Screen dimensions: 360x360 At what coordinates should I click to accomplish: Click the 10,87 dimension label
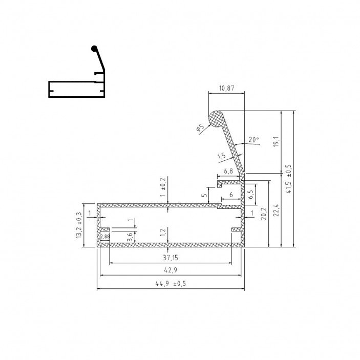pos(227,88)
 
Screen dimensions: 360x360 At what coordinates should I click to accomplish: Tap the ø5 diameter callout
pos(200,128)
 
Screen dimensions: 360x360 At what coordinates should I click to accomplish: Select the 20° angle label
pos(253,140)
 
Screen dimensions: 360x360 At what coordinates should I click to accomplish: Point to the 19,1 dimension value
pos(276,142)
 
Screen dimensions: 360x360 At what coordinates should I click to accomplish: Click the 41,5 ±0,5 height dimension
pos(289,179)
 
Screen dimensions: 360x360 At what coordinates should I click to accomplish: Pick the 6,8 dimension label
pos(228,171)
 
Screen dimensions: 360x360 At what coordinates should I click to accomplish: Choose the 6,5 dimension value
pos(251,194)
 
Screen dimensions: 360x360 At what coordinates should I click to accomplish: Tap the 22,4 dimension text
pos(276,210)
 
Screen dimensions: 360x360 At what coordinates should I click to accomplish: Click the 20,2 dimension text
pos(264,214)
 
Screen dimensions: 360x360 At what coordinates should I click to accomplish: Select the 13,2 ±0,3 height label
pos(79,225)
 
